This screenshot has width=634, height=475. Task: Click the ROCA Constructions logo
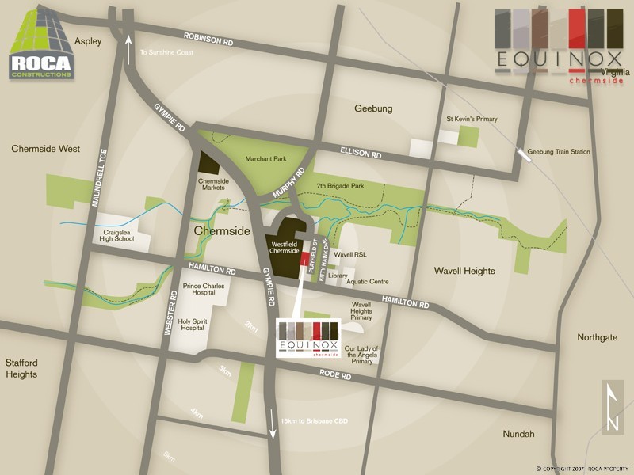(41, 46)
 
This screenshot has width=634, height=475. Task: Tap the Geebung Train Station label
(559, 151)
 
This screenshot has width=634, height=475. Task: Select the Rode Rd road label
(336, 375)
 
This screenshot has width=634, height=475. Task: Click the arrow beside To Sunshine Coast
(129, 51)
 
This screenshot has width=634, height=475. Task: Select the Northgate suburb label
(597, 337)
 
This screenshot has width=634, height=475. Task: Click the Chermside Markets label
(212, 184)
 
